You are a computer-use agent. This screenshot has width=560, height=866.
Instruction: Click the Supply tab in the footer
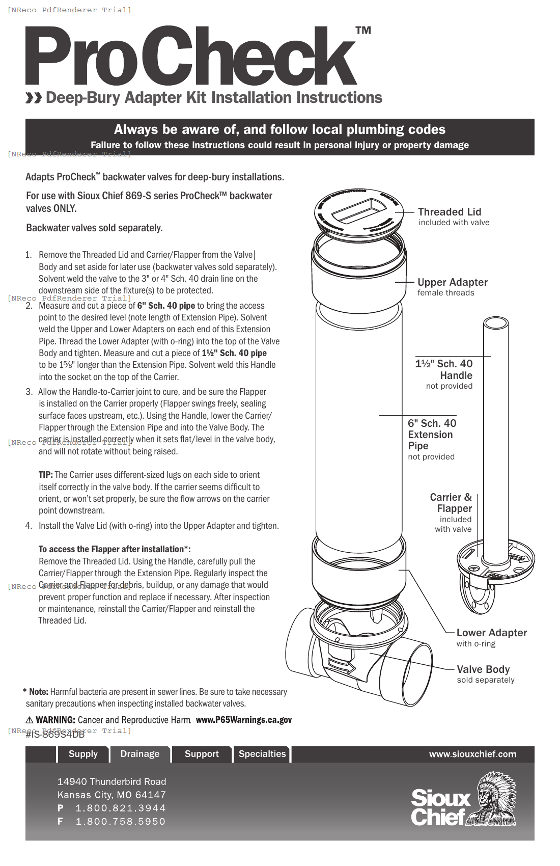[x=83, y=754]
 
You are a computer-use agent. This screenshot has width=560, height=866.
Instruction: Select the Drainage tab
[x=140, y=754]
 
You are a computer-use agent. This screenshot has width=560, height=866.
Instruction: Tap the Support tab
[x=202, y=754]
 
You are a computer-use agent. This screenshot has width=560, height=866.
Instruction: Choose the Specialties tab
[x=262, y=754]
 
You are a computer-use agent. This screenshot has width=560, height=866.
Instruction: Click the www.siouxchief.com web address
[x=472, y=754]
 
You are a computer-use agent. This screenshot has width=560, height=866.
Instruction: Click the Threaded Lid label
[x=450, y=212]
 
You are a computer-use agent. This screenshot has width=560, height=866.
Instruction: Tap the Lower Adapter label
[x=491, y=633]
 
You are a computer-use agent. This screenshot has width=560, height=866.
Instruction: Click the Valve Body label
[x=483, y=669]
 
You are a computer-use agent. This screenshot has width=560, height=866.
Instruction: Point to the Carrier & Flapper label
[x=451, y=503]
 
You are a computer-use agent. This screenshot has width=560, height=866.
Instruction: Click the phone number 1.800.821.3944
[x=121, y=808]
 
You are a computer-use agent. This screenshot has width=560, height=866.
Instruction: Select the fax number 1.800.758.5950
[x=121, y=822]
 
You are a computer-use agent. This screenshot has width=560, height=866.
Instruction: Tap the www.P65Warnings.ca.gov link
[x=243, y=720]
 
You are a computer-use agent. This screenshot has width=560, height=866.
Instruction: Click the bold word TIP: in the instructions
[x=46, y=475]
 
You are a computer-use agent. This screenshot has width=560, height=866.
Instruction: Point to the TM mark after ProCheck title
[x=363, y=31]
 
